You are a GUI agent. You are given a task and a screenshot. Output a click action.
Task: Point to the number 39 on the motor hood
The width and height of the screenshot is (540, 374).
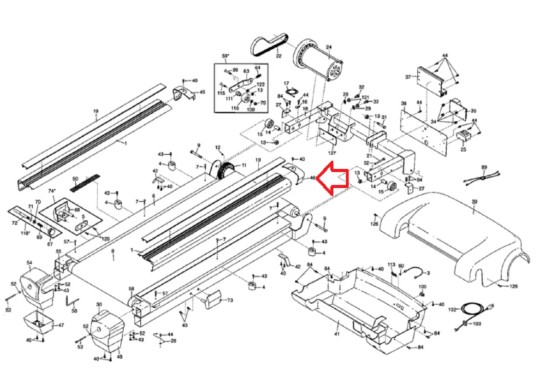[x=474, y=201]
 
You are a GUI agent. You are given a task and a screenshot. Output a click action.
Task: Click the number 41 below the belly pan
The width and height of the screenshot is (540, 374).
[x=337, y=334]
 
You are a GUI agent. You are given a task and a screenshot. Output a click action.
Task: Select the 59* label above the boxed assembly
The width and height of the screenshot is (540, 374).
[x=225, y=56]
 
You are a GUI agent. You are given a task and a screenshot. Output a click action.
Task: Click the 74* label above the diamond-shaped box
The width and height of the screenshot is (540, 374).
[x=52, y=191]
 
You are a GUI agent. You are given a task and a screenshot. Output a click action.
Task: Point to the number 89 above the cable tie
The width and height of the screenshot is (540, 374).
[x=484, y=167]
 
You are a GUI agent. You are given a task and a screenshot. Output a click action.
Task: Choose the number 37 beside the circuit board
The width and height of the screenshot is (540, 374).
[x=408, y=77]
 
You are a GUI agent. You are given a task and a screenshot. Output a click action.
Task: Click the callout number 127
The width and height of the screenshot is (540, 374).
[x=332, y=153]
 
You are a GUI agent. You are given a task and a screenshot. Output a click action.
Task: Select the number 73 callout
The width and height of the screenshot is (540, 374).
[x=230, y=300]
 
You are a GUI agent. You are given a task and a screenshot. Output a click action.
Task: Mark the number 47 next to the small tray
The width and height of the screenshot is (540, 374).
[x=61, y=325]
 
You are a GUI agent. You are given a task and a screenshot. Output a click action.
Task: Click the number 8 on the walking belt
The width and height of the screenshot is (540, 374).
[x=113, y=251]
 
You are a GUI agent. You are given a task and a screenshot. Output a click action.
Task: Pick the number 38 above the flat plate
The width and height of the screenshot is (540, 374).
[x=403, y=103]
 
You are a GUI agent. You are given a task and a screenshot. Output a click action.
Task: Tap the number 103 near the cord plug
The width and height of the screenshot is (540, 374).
[x=477, y=324]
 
